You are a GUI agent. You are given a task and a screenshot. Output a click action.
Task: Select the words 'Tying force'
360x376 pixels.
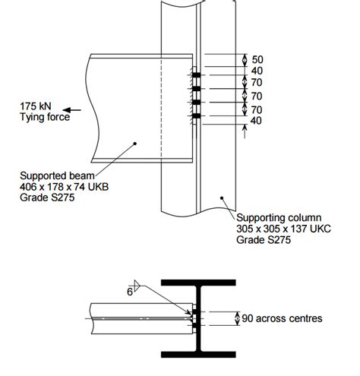point(45,118)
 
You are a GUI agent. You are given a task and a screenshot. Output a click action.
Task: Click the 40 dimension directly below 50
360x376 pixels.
point(257,71)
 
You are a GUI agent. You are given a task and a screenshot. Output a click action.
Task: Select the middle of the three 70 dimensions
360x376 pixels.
point(257,96)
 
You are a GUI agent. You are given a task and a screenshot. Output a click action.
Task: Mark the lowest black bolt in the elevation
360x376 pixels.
point(196,115)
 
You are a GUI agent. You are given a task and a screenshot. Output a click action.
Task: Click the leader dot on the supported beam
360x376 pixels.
point(134,141)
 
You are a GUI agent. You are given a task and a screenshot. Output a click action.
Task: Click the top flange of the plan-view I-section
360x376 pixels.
point(204,282)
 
